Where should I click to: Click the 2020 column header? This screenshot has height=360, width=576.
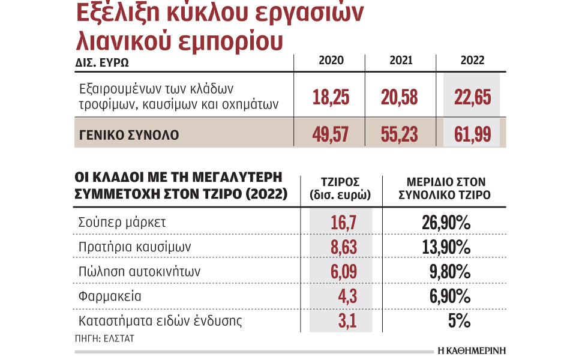pos(332,61)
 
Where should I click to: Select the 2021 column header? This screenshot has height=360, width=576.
pos(401,61)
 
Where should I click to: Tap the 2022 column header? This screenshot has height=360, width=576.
pos(472,61)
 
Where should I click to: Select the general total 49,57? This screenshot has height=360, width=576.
pos(331,134)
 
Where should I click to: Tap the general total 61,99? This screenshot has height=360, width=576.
pos(472,134)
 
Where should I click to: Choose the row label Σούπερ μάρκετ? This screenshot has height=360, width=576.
pos(122,223)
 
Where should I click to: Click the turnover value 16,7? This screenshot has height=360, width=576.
pos(344,223)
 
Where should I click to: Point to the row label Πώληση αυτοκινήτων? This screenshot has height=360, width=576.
pos(139,272)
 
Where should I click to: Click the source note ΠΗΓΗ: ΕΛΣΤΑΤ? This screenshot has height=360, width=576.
pos(105,338)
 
